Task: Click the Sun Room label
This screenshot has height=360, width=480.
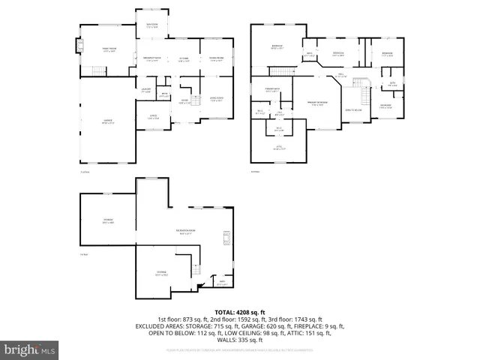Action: (x=151, y=25)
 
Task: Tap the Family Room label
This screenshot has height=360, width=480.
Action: (x=109, y=49)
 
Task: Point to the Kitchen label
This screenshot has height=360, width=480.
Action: (x=183, y=59)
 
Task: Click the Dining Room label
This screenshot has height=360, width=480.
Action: (x=216, y=59)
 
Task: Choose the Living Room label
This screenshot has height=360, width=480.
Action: (x=216, y=97)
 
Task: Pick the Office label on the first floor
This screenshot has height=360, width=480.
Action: (x=153, y=116)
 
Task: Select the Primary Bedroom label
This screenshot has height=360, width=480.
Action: (x=316, y=103)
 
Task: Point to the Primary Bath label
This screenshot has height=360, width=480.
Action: (x=272, y=91)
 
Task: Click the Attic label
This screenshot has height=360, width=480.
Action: (x=278, y=148)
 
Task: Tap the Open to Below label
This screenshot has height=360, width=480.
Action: (x=353, y=110)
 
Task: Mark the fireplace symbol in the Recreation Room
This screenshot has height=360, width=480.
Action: (x=223, y=238)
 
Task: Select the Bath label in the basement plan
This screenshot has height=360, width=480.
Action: (x=222, y=283)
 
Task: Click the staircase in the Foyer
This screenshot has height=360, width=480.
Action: (x=196, y=100)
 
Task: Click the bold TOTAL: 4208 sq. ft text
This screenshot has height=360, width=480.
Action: (x=239, y=312)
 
